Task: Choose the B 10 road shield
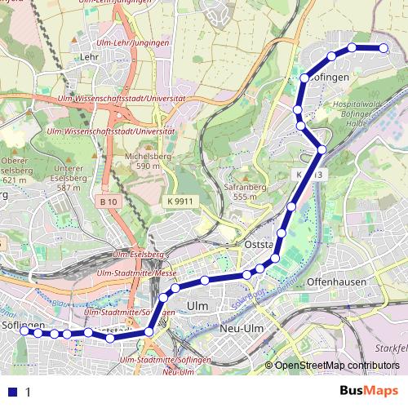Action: pyautogui.click(x=109, y=202)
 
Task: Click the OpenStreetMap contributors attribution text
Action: pyautogui.click(x=336, y=366)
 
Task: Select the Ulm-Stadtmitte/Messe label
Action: pyautogui.click(x=135, y=273)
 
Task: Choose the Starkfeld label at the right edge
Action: pyautogui.click(x=395, y=348)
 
